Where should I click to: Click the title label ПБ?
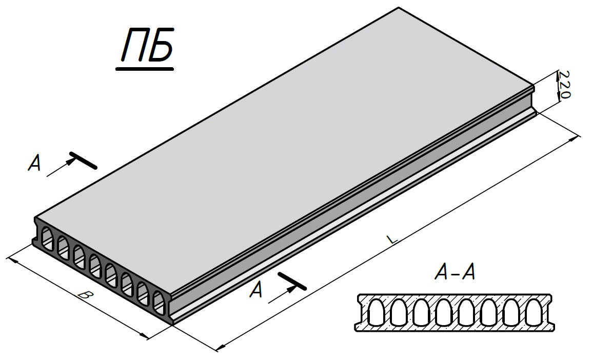point(147,45)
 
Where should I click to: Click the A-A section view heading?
point(455,273)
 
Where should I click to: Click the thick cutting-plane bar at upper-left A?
point(84,160)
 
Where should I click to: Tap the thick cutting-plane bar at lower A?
point(291,281)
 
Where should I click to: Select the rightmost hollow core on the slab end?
point(160,303)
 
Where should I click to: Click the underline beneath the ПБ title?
point(145,69)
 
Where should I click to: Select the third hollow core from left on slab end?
point(80,257)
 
